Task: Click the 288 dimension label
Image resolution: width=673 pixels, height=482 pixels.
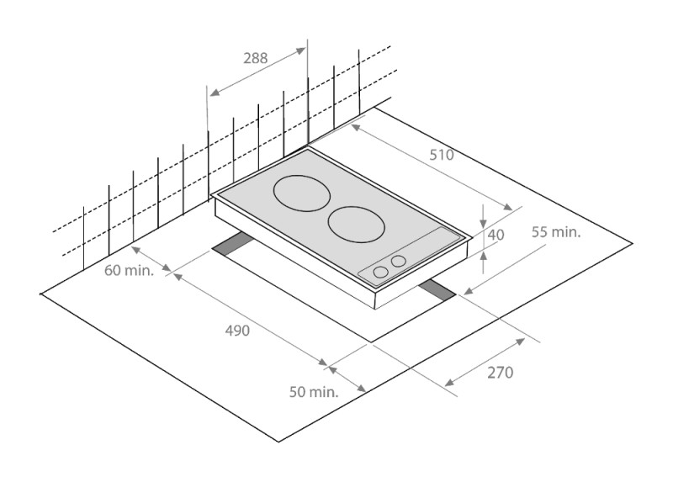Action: [255, 58]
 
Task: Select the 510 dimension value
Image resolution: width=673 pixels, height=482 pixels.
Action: [441, 155]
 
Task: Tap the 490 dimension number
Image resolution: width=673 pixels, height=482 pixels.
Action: [237, 331]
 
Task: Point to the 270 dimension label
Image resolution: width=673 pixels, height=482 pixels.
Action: [499, 372]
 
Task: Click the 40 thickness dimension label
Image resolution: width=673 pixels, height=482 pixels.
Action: [495, 236]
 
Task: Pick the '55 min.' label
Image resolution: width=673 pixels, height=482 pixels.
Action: [556, 232]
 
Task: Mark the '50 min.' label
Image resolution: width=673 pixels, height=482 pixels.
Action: [314, 391]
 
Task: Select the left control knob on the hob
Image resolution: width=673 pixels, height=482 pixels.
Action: [381, 272]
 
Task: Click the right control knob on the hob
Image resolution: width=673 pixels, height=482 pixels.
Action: [399, 261]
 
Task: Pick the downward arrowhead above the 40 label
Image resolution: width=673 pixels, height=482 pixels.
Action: [484, 220]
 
